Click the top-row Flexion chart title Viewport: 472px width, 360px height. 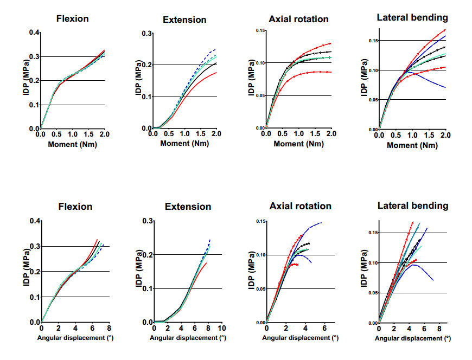73,19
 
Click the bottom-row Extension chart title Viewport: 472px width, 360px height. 187,207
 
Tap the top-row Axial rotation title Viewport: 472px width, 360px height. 298,19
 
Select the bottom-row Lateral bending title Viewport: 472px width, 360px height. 413,205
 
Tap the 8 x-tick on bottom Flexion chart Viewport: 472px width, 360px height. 109,329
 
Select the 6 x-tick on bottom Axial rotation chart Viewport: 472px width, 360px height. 324,329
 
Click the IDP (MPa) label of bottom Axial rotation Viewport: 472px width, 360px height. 251,273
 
